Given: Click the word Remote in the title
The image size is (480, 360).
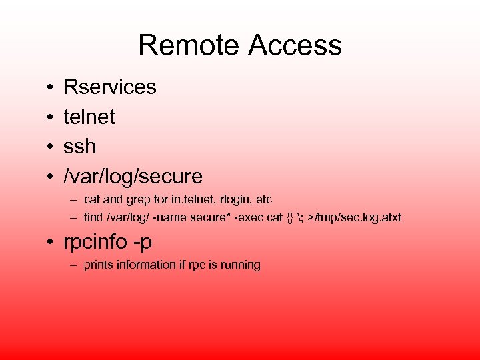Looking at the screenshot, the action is [x=189, y=45].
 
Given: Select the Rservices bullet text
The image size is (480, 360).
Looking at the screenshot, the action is [x=110, y=87].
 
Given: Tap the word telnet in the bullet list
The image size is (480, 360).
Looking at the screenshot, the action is [x=89, y=117].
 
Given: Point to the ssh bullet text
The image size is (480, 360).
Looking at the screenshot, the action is [x=80, y=147].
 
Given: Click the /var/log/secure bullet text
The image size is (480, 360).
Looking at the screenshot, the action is [x=133, y=177].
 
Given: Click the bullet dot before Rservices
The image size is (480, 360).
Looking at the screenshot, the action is [x=51, y=87].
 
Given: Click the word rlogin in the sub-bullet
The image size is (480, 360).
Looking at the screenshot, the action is [x=231, y=199].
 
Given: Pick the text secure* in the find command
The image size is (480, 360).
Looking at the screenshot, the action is [x=208, y=217].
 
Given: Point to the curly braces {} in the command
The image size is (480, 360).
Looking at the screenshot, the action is [x=289, y=217].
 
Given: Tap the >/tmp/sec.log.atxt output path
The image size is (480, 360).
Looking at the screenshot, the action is [x=355, y=217].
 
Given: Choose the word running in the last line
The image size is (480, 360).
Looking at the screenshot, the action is [x=241, y=265].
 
